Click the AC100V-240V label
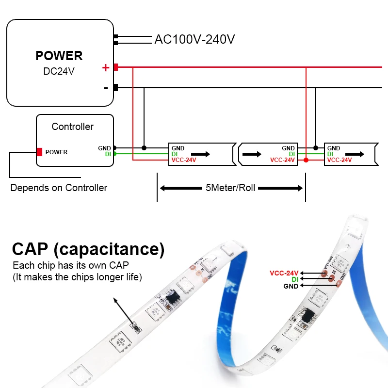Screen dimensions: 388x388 coord(194,39)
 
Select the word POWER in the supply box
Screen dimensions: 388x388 coord(59,56)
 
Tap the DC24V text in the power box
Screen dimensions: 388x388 coord(59,71)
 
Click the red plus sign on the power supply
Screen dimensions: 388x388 coord(105,68)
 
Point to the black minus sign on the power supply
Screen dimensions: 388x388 coord(106,88)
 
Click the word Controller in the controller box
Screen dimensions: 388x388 coord(73,127)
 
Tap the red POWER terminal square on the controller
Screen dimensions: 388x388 coord(39,152)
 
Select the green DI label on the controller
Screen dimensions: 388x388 coord(108,154)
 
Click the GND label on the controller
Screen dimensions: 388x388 coord(104,148)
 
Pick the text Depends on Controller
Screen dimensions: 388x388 coord(59,188)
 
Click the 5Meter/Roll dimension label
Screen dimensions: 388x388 coord(230,188)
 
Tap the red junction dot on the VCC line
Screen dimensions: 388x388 coord(306,160)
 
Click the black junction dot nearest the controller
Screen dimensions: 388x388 coord(144,147)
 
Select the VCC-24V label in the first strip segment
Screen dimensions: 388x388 coord(183,160)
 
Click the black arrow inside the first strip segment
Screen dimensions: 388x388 coord(204,154)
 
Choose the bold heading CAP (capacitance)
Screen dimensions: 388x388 coord(88,249)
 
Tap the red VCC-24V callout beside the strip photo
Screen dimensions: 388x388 coord(284,273)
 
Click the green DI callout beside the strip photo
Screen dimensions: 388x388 coord(294,279)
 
